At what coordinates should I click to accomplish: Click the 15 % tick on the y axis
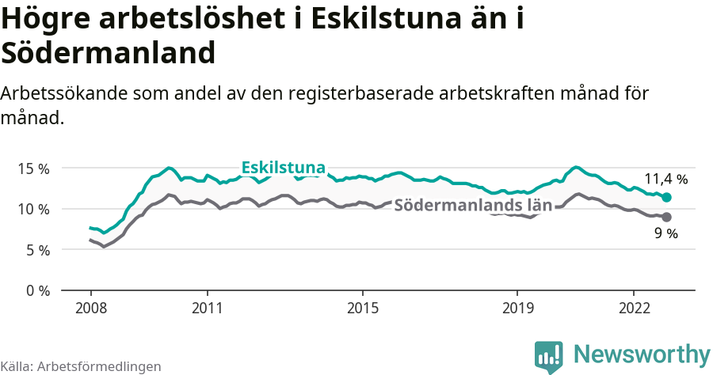(x=32, y=169)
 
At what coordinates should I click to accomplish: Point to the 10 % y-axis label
(x=32, y=209)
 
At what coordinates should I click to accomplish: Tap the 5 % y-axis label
(x=36, y=250)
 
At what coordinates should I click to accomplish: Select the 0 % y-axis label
(x=36, y=290)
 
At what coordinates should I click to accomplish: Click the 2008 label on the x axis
(x=90, y=308)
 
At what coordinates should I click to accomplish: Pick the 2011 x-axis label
(x=207, y=308)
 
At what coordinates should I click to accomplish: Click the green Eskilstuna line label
(x=283, y=168)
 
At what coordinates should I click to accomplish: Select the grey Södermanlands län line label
(x=472, y=205)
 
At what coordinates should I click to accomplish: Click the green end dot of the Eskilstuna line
(x=666, y=197)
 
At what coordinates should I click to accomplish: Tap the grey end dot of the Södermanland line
(x=666, y=217)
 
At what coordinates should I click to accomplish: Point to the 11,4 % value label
(x=665, y=179)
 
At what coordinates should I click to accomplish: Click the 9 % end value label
(x=666, y=233)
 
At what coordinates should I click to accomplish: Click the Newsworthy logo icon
(x=549, y=356)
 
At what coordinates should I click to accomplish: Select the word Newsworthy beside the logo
(x=641, y=354)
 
